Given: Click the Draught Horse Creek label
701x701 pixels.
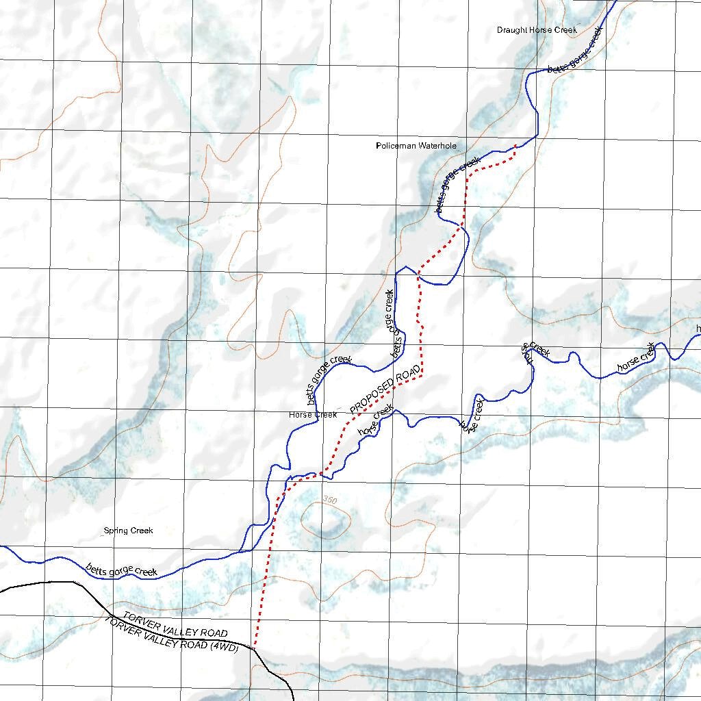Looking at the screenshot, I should (537, 30).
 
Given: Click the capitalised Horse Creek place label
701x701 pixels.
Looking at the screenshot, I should (313, 415).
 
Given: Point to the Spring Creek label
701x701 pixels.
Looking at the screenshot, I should (128, 531).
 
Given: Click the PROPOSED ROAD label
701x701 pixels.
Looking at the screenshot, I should (385, 389).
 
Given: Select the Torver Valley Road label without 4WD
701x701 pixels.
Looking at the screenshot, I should (175, 624).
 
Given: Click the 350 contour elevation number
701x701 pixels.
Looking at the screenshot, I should (329, 500).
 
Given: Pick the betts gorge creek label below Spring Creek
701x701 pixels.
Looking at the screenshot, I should (122, 570).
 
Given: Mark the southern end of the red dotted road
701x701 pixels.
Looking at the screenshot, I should (255, 646).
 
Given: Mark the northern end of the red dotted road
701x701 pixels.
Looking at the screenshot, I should (515, 145).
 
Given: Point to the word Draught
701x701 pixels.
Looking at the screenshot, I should (511, 30).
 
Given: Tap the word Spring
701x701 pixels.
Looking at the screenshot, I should (116, 531).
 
